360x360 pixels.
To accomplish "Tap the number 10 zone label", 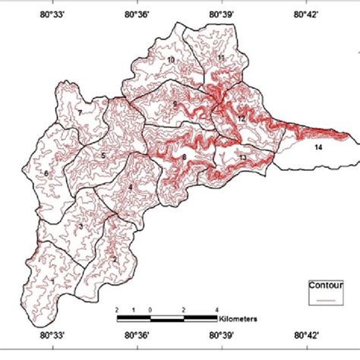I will pyautogui.click(x=171, y=59).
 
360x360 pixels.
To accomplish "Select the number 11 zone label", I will pyautogui.click(x=221, y=58).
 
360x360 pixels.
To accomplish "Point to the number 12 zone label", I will pyautogui.click(x=240, y=119).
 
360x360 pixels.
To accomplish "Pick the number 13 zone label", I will pyautogui.click(x=242, y=157).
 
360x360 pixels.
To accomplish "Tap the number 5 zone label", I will pyautogui.click(x=103, y=156).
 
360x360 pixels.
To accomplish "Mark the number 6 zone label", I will pyautogui.click(x=47, y=174).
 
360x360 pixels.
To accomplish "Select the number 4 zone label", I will pyautogui.click(x=130, y=187).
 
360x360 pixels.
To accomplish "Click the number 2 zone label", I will pyautogui.click(x=115, y=258).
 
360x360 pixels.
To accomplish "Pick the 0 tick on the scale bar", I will pyautogui.click(x=150, y=310).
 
